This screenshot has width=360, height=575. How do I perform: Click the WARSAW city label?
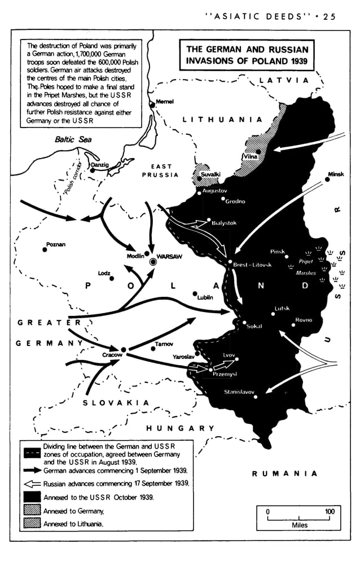[x=169, y=256]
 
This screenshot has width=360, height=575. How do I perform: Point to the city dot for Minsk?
[x=327, y=179]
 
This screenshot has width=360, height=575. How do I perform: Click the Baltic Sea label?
[x=73, y=139]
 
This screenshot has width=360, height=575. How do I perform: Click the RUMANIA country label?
[x=284, y=473]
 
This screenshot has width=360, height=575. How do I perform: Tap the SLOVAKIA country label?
[x=116, y=403]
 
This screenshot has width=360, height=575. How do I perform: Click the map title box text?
[x=247, y=55]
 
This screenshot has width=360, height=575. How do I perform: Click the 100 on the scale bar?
[x=330, y=511]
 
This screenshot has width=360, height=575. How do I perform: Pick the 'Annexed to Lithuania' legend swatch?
[x=32, y=524]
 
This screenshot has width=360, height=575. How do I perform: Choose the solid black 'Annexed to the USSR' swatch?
[x=32, y=497]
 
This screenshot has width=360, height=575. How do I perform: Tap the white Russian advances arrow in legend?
[x=32, y=484]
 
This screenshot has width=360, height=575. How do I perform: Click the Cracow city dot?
[x=123, y=350]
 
